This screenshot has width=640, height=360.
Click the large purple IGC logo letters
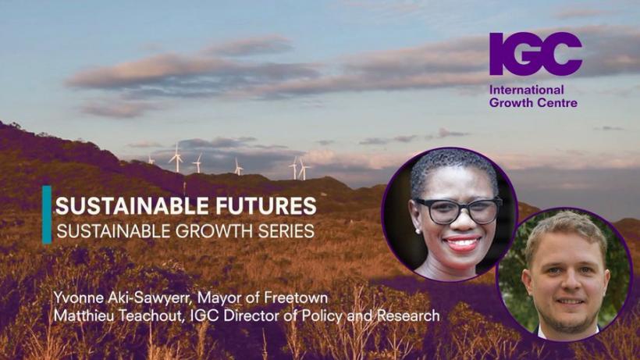point(535,53)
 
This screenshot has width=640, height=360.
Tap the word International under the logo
point(526,90)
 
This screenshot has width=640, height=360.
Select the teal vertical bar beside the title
point(47,215)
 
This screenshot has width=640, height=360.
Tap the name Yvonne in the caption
point(78,298)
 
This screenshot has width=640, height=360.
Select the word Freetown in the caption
point(296,298)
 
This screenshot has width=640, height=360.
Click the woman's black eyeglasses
point(457,209)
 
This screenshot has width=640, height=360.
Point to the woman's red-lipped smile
point(464,244)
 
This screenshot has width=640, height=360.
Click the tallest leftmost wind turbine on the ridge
point(176,158)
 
